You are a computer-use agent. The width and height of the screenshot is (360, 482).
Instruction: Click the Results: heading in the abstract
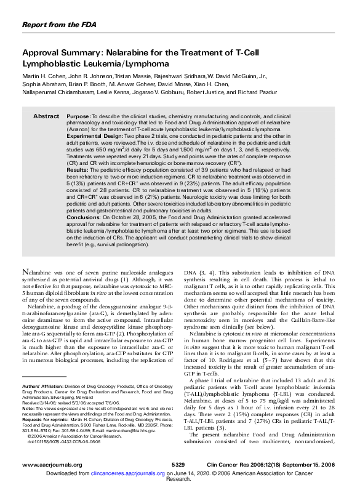(77, 167)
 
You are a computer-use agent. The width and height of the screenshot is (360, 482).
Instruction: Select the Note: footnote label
(28, 408)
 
